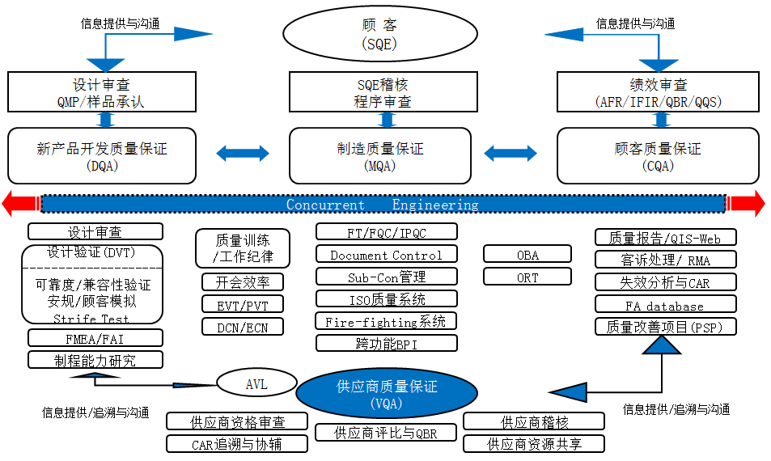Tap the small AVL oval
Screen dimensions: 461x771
point(256,384)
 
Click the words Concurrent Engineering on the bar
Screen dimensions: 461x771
point(382,205)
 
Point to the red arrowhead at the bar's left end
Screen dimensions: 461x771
point(18,204)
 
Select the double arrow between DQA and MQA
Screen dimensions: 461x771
point(243,151)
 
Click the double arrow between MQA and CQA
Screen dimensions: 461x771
point(510,151)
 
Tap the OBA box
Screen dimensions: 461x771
point(527,255)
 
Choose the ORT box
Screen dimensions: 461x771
point(527,277)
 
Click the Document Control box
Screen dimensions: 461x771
point(386,255)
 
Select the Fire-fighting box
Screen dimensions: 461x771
point(386,321)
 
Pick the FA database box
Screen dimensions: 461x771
point(665,305)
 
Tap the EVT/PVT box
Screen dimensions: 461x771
point(242,304)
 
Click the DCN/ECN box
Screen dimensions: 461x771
point(242,326)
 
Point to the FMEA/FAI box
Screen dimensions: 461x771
point(95,338)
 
